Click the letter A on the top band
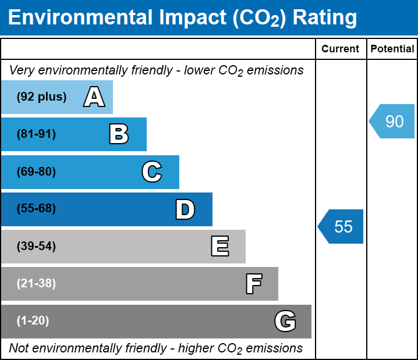[x=94, y=97]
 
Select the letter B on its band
[x=119, y=134]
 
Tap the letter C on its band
[x=151, y=172]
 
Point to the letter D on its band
[x=185, y=209]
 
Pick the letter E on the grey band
[x=219, y=247]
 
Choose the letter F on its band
[x=253, y=284]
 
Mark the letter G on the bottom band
[x=285, y=321]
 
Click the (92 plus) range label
[x=41, y=97]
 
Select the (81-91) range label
[x=36, y=134]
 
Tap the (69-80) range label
[x=36, y=172]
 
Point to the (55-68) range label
[x=36, y=209]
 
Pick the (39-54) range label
[x=36, y=247]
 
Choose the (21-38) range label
[x=36, y=284]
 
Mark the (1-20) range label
[x=33, y=321]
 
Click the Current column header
[x=341, y=49]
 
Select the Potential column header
[x=392, y=49]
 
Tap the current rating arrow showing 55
[x=341, y=226]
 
